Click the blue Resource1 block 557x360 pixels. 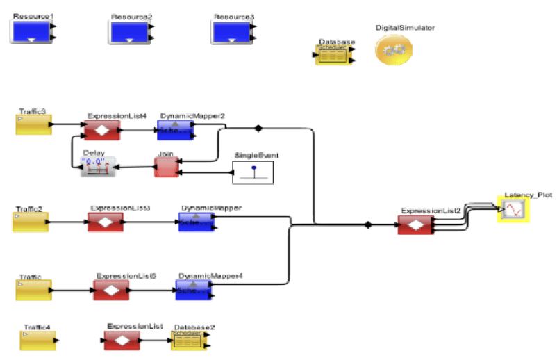31,31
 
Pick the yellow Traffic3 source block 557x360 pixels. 33,125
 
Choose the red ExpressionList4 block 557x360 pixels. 102,130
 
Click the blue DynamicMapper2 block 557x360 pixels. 174,129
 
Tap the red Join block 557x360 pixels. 166,167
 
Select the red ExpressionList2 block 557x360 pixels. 415,225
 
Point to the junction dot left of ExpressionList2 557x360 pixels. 369,224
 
